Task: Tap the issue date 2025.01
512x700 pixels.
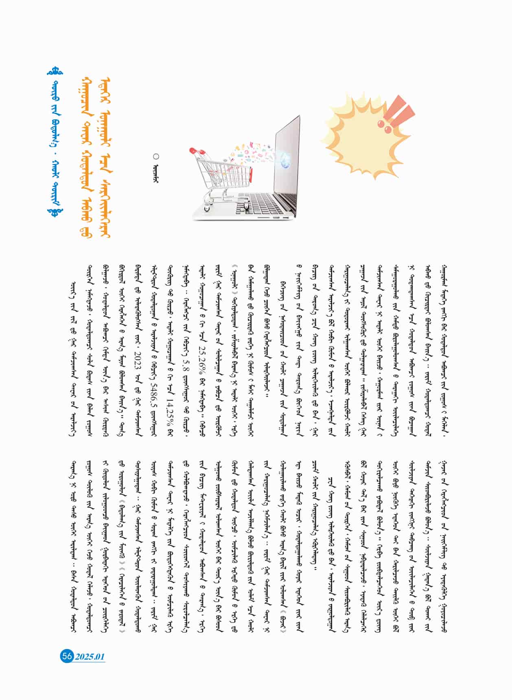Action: (x=90, y=657)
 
